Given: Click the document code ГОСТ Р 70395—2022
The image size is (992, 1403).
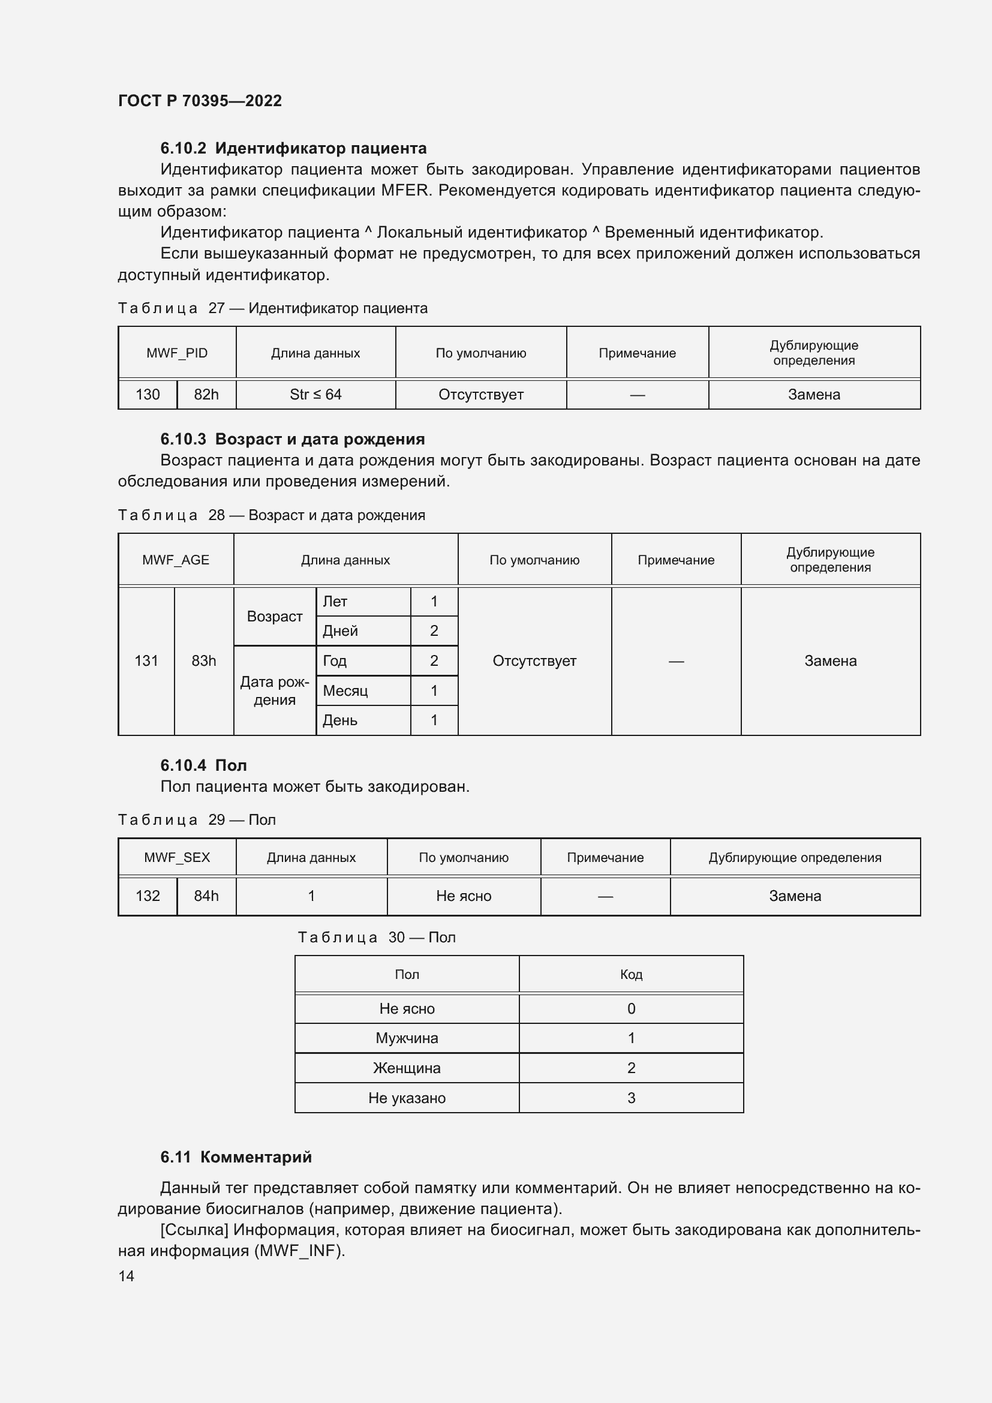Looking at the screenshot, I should [200, 101].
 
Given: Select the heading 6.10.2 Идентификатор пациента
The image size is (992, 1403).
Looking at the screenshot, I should [293, 148].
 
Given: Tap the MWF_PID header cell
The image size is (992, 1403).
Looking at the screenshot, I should [176, 353].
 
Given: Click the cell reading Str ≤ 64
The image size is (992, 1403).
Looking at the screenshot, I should [315, 395].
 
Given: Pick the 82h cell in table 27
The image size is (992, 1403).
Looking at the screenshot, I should [206, 395].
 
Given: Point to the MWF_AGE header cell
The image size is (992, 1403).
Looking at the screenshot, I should [175, 560].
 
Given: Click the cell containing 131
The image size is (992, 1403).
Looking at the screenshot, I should [146, 660].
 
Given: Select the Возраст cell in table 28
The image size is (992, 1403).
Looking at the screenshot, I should [274, 617].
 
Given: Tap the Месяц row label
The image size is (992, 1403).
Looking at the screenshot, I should [345, 690].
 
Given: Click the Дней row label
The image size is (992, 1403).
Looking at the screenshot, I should [340, 631].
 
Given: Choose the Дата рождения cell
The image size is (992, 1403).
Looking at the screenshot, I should [274, 690].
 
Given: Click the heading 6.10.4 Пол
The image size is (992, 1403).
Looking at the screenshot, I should [203, 765].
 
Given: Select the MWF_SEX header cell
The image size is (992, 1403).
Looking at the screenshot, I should [176, 857].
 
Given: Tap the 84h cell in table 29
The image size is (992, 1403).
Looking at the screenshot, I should [206, 896].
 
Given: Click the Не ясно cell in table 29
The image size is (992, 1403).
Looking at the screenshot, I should [463, 896].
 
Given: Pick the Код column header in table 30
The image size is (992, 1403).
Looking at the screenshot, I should [630, 974].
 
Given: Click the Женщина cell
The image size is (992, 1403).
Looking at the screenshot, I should [406, 1068].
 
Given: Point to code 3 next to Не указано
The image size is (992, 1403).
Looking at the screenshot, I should [630, 1098].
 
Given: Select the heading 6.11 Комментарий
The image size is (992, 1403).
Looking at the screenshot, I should [236, 1156].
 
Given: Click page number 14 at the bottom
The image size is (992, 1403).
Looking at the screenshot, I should [127, 1276].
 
